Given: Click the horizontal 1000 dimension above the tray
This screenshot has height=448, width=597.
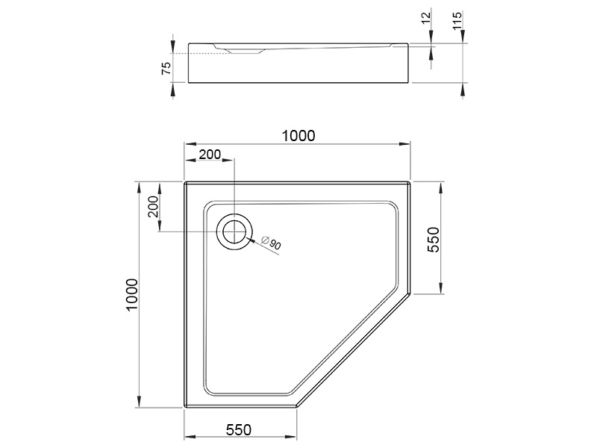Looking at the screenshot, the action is coord(298,136).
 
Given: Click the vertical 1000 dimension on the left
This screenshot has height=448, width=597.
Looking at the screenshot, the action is coord(132,295).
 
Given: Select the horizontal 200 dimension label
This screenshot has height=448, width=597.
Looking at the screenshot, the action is coord(210,155).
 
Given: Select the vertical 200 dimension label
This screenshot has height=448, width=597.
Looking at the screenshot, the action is coord(153,207).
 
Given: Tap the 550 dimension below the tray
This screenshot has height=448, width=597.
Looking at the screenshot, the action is coord(239,430).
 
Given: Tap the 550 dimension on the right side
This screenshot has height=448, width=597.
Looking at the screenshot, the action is coord(434,239).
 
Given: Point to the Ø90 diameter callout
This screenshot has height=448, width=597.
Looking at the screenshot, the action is coord(272,243).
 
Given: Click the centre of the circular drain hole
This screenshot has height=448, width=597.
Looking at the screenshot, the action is coord(234,231).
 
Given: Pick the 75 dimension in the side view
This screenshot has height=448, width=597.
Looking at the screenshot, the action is coord(166,68).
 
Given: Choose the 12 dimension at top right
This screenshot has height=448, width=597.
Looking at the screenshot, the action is coord(426,17).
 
